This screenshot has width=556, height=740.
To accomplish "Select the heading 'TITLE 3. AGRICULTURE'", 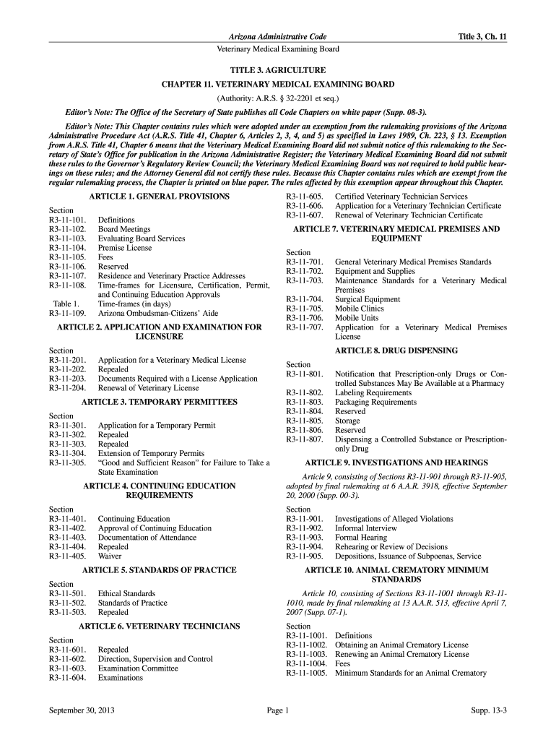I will coord(278,71).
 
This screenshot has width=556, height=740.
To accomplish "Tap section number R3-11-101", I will coord(67,220).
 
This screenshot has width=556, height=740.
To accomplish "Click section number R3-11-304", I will coord(67,454).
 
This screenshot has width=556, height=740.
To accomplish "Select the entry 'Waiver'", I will coord(110,556).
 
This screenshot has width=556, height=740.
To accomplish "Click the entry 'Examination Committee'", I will coord(138,668).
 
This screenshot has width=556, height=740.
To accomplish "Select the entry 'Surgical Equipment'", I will coord(368,299).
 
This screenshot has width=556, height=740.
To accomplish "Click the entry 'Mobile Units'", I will coord(357,318).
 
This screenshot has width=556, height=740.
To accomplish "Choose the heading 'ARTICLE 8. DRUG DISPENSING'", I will coord(396,350).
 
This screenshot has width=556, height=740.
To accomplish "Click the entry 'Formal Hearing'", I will coord(361,538).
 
